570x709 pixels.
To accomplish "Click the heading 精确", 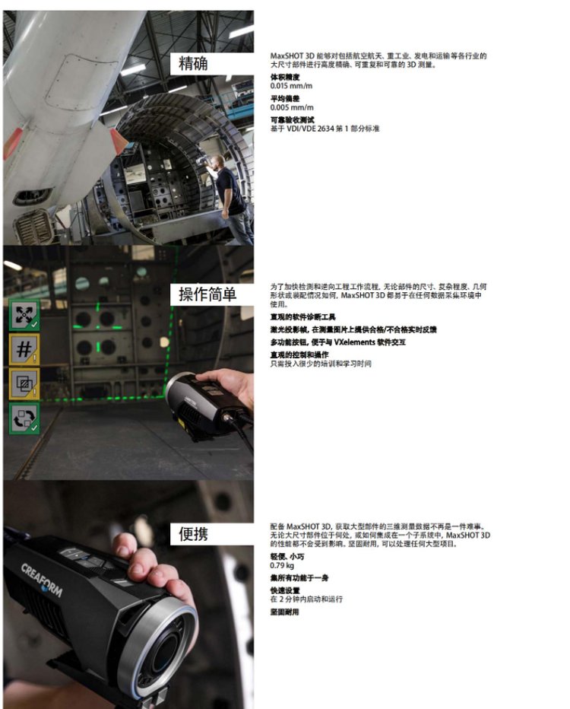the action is click(x=193, y=63).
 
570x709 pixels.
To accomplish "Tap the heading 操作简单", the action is click(x=207, y=294).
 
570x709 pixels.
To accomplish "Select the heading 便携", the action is click(x=193, y=534).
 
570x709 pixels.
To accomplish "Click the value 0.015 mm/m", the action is click(x=291, y=86).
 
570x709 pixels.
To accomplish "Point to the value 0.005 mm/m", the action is click(x=291, y=107).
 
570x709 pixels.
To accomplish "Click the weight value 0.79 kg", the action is click(x=282, y=566).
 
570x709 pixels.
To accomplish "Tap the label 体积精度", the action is click(x=284, y=78).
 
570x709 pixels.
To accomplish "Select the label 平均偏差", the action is click(x=284, y=99).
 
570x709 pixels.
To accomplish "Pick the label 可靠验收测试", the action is click(x=292, y=120).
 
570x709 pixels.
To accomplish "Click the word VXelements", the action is click(x=355, y=342).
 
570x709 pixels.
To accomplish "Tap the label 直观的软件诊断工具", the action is click(x=302, y=317).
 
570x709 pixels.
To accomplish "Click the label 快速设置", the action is click(x=284, y=590).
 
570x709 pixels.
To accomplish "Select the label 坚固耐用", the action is click(x=284, y=612).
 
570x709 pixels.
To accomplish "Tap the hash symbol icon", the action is click(x=24, y=349).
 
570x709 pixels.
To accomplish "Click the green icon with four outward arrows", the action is click(x=24, y=314).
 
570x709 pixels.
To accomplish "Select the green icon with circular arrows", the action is click(x=24, y=418).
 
